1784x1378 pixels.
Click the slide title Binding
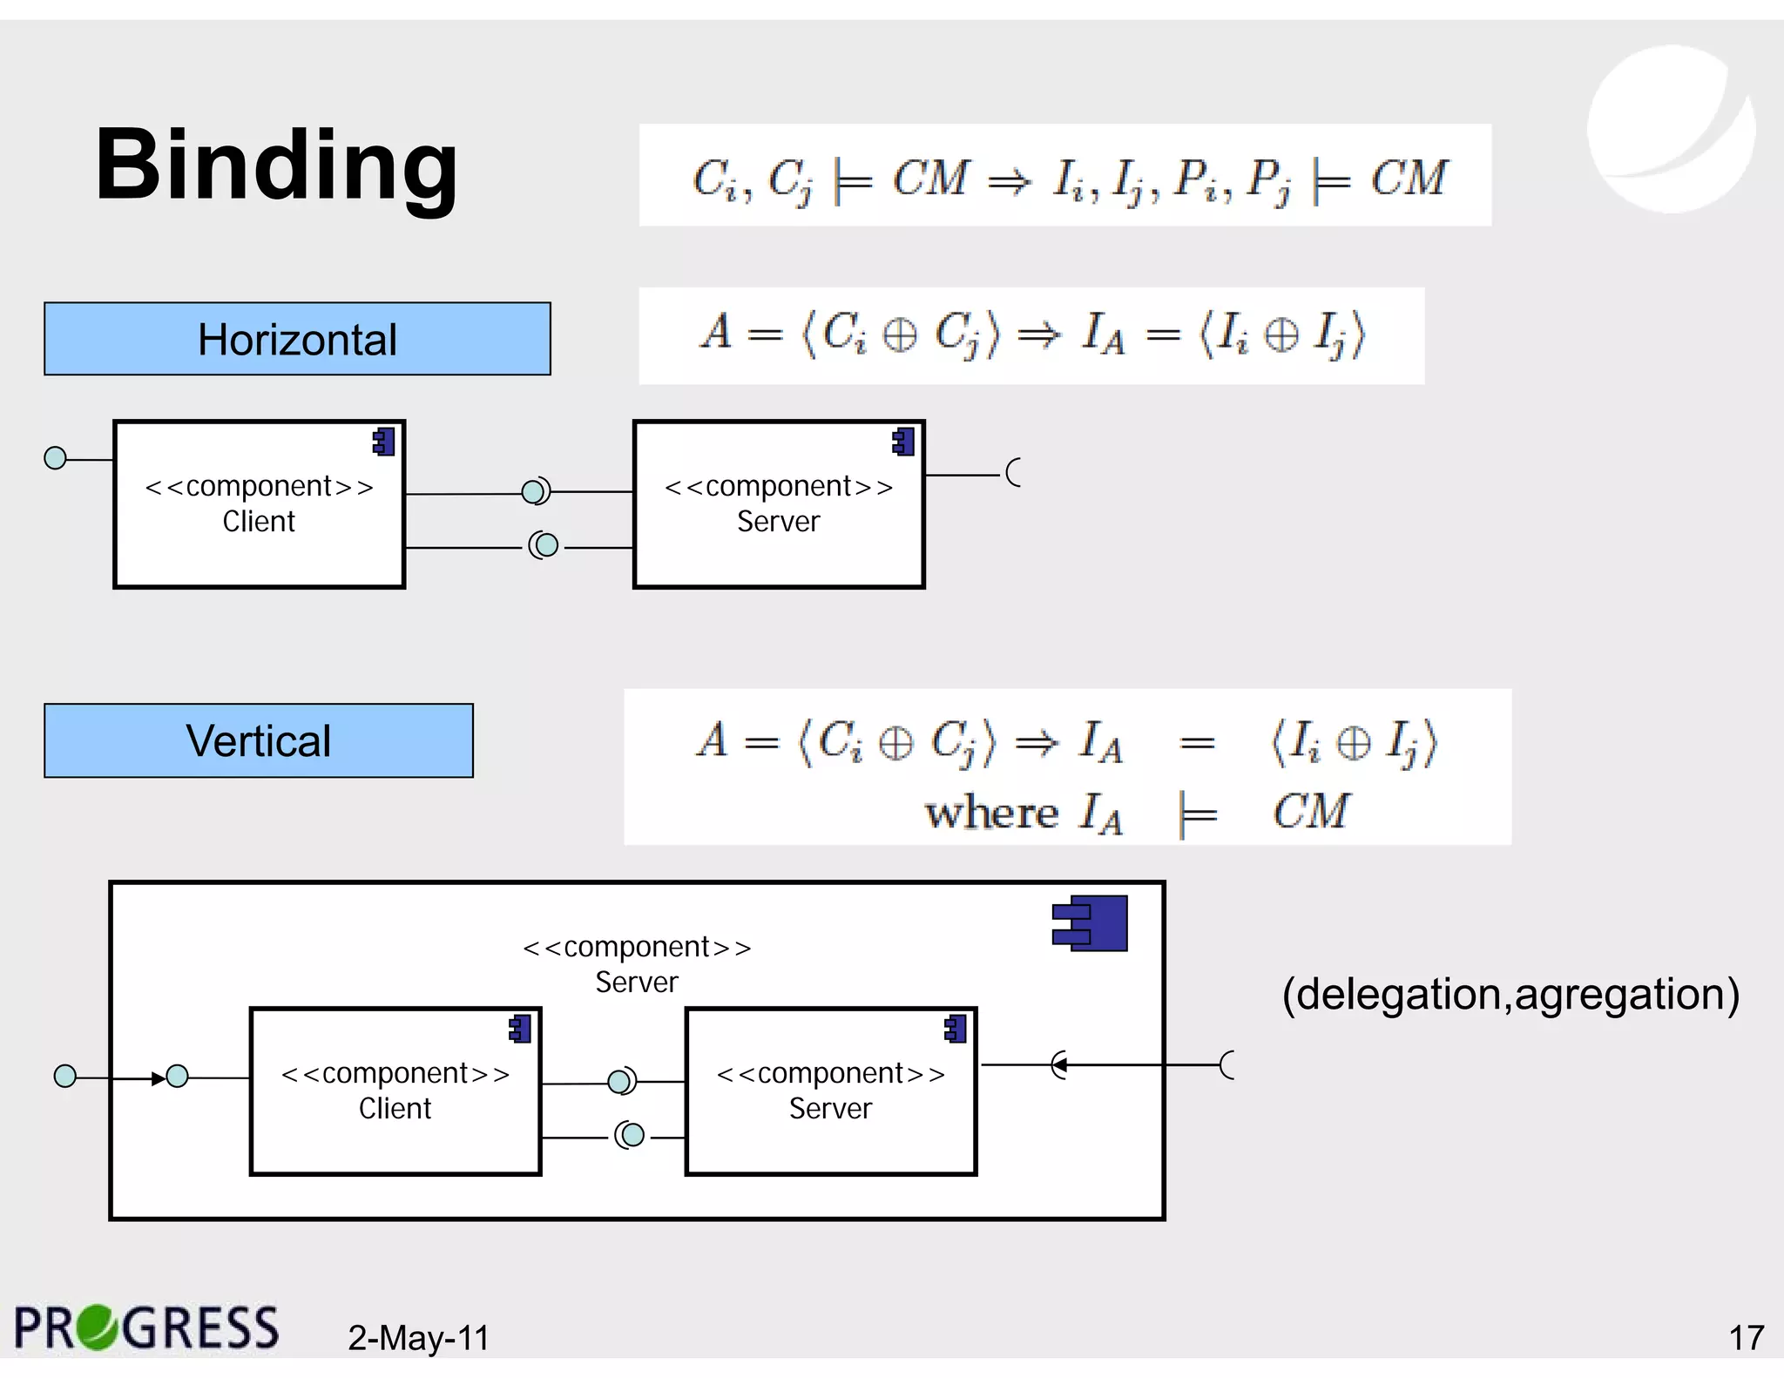click(x=276, y=165)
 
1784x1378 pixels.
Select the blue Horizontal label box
click(x=297, y=339)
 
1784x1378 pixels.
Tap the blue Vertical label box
click(x=259, y=740)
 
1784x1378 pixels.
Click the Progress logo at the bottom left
click(x=146, y=1328)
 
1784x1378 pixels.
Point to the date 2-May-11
click(x=418, y=1338)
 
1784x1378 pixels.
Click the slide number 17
click(x=1746, y=1338)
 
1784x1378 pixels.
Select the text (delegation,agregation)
click(x=1510, y=994)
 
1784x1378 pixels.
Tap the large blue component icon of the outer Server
click(x=1091, y=923)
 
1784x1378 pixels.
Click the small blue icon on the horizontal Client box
click(x=384, y=442)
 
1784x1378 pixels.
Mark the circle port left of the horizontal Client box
click(x=55, y=458)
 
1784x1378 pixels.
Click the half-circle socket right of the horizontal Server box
click(x=1013, y=473)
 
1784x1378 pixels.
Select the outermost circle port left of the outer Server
click(x=65, y=1077)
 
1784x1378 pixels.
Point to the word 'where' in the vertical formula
click(x=991, y=813)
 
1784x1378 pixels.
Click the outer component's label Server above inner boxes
click(x=637, y=982)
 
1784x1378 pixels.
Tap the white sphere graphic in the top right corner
click(x=1671, y=129)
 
